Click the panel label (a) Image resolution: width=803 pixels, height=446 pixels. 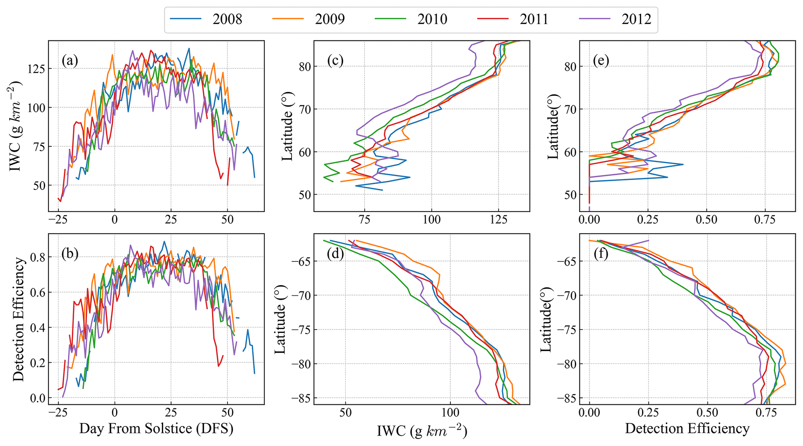coord(70,61)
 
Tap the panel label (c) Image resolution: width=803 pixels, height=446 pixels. coord(336,61)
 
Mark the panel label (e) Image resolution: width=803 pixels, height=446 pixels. coord(601,61)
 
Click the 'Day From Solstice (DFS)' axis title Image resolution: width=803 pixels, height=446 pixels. coord(156,429)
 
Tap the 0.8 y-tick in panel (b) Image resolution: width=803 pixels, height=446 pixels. coord(37,257)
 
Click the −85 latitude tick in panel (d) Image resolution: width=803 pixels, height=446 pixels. coord(297,398)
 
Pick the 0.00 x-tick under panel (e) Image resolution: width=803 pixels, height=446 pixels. coord(589,220)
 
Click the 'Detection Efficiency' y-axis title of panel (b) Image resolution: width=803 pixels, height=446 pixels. coord(18,319)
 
